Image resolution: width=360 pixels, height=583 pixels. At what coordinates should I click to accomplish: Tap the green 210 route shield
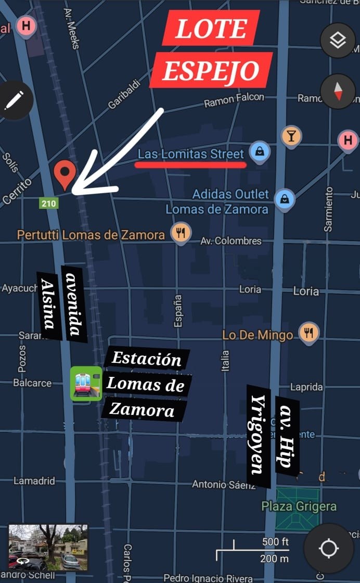49,203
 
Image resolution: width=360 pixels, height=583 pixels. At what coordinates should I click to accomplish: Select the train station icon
86,384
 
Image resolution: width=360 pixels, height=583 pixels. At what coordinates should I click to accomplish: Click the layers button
338,40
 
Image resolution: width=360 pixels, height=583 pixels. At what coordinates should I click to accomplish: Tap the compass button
338,91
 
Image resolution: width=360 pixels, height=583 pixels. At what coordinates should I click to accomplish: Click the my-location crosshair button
329,548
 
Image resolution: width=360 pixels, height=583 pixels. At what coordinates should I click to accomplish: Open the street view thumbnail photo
48,547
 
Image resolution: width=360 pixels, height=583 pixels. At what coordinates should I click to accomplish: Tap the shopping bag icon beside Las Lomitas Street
260,152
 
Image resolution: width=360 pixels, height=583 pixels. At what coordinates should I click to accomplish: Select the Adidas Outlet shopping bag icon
285,199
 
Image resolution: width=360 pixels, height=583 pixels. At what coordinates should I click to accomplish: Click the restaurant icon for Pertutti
181,233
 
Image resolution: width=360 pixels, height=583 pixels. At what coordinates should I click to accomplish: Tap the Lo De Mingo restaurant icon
309,333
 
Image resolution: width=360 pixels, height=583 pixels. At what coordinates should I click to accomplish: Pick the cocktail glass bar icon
291,136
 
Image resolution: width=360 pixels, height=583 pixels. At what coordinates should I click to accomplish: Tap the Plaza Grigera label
299,506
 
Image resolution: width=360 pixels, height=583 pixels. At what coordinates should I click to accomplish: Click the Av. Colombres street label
231,241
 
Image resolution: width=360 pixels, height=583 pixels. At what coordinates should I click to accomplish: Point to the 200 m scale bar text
274,559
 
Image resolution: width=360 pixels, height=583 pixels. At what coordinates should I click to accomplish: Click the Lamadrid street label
34,481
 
